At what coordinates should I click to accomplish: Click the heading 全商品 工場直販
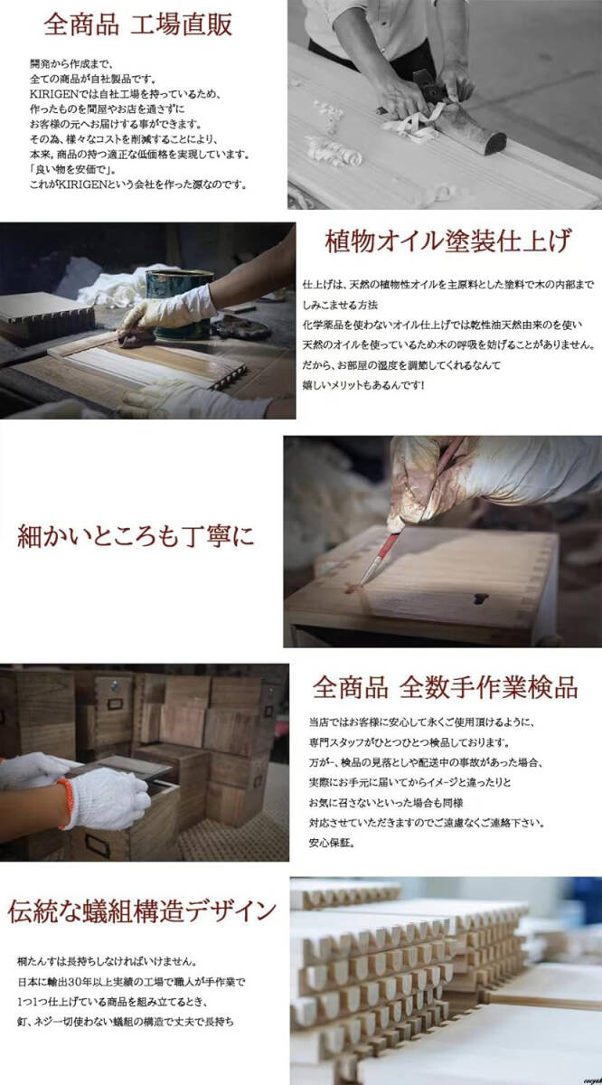point(138,24)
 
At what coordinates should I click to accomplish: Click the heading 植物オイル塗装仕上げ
point(447,242)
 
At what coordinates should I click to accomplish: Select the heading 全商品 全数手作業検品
point(445,687)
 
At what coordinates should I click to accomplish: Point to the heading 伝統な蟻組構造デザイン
point(142,910)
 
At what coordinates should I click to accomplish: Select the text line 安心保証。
point(331,844)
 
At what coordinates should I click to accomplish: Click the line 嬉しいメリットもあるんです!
point(364,385)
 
